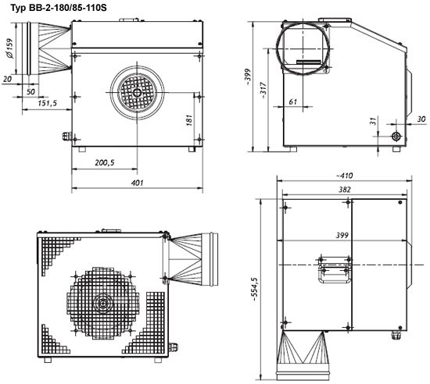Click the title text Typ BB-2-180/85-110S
point(59,8)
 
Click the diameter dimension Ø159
point(9,48)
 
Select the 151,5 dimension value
point(48,103)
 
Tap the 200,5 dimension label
point(105,162)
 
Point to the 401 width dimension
point(137,183)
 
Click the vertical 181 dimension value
point(189,120)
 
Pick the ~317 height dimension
point(263,91)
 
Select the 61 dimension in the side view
point(293,101)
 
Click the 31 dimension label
point(373,121)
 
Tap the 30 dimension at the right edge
point(421,119)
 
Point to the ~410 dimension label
point(344,176)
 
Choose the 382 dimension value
point(345,190)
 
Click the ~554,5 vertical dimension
point(255,290)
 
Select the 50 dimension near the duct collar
point(30,91)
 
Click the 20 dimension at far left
point(7,79)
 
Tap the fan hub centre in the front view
point(137,93)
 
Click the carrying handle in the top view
point(335,269)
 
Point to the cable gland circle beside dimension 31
point(396,136)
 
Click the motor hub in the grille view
point(103,303)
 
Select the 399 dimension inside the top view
point(342,235)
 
